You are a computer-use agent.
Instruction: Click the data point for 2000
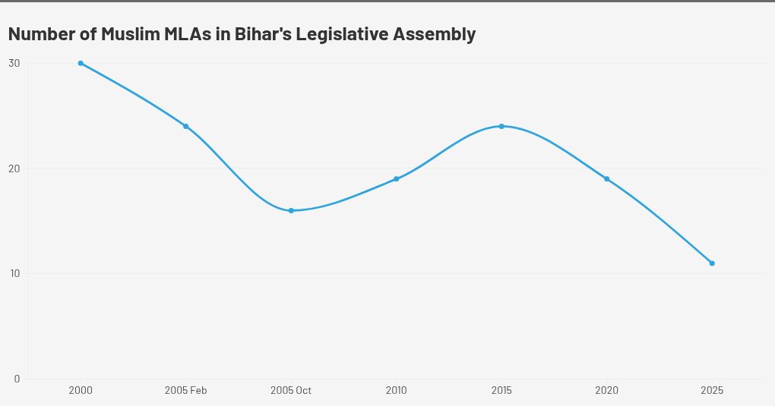click(81, 63)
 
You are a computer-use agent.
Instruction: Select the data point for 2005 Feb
click(185, 126)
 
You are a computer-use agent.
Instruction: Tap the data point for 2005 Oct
click(291, 210)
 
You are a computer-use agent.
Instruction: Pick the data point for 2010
click(396, 179)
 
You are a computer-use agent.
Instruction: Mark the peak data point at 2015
click(501, 126)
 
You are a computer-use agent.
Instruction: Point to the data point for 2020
click(606, 179)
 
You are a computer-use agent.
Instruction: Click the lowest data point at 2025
click(712, 263)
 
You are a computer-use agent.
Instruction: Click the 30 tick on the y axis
click(14, 63)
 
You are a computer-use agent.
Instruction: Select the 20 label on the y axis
click(14, 168)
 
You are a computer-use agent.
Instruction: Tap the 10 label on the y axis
click(14, 273)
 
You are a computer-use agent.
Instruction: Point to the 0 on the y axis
click(17, 379)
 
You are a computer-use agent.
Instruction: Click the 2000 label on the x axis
click(81, 391)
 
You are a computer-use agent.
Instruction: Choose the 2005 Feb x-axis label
click(185, 391)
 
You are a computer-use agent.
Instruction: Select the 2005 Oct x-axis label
click(291, 391)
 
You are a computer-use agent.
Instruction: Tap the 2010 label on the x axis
click(396, 391)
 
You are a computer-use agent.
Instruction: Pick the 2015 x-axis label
click(501, 391)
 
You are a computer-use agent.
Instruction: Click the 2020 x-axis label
click(606, 391)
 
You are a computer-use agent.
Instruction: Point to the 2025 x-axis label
click(712, 391)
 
